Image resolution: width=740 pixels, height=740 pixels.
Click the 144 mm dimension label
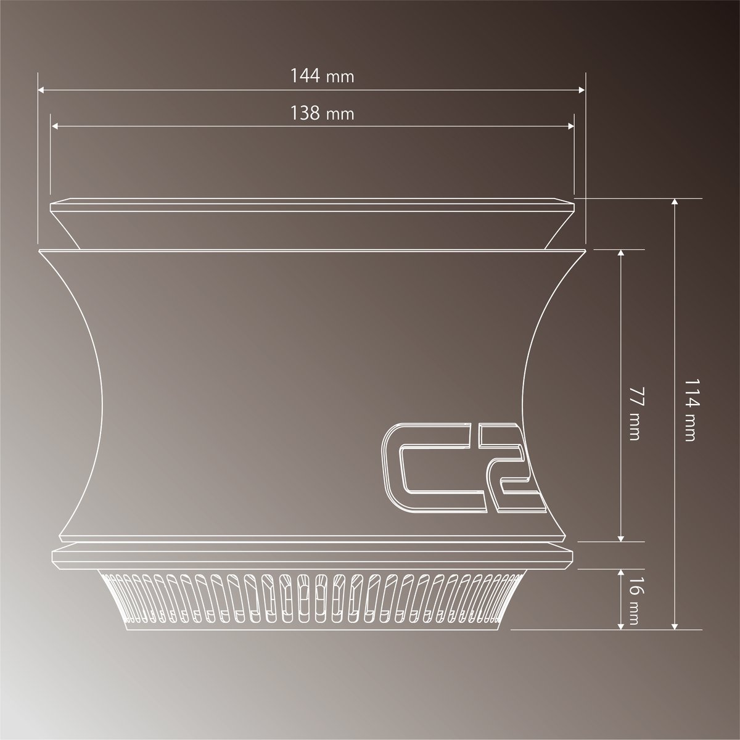pyautogui.click(x=322, y=76)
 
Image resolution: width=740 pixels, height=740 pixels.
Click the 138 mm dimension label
pyautogui.click(x=322, y=113)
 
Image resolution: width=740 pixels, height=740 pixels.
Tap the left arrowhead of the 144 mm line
pyautogui.click(x=41, y=90)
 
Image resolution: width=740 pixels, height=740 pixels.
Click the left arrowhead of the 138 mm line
pyautogui.click(x=54, y=126)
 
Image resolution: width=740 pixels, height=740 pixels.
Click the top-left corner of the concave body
pyautogui.click(x=39, y=251)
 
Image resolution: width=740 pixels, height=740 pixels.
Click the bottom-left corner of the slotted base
pyautogui.click(x=126, y=630)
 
